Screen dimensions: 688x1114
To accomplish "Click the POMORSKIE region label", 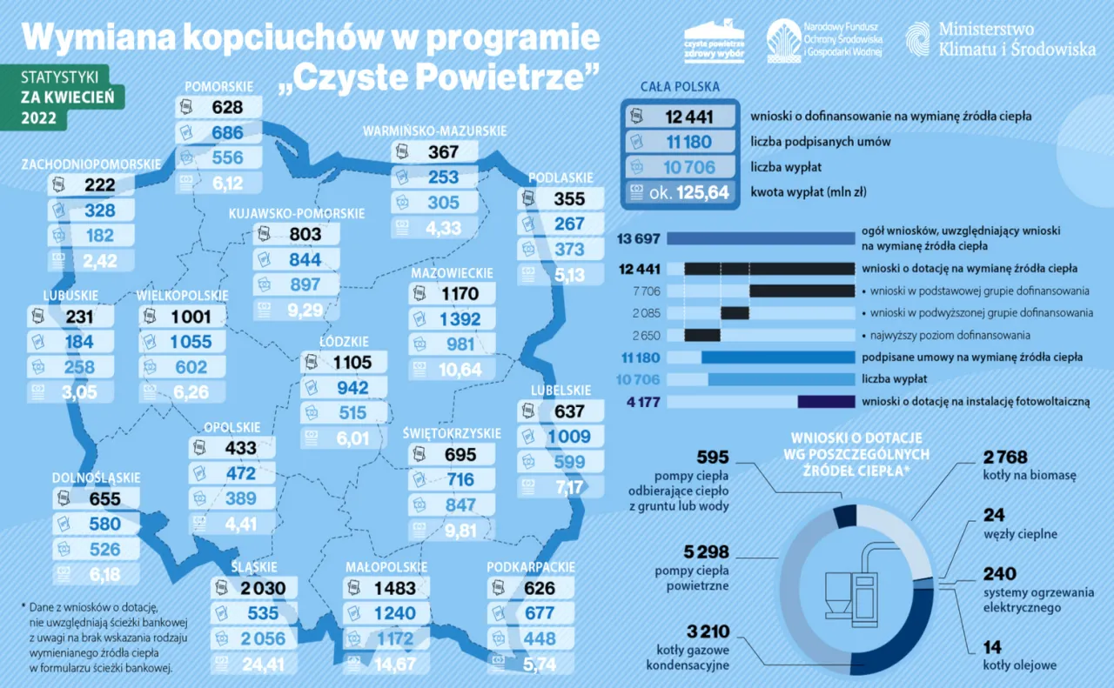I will point(219,86).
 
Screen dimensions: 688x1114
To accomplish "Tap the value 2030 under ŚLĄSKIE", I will point(261,589).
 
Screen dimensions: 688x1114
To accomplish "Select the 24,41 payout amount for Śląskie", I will point(261,665).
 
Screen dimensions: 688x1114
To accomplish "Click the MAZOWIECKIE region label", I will point(452,273).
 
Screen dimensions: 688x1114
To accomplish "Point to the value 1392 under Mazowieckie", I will point(460,320).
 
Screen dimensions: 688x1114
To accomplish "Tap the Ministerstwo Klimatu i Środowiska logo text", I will point(1017,40).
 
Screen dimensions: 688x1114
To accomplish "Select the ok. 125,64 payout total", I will point(688,192).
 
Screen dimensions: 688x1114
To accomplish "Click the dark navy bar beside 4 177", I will point(826,402).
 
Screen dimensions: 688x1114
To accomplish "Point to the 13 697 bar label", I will point(639,238).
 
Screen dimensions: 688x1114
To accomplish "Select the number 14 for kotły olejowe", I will point(992,647).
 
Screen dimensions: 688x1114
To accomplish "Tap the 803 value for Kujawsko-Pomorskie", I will point(305,234).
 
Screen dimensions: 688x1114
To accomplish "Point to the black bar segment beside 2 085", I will point(735,313).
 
